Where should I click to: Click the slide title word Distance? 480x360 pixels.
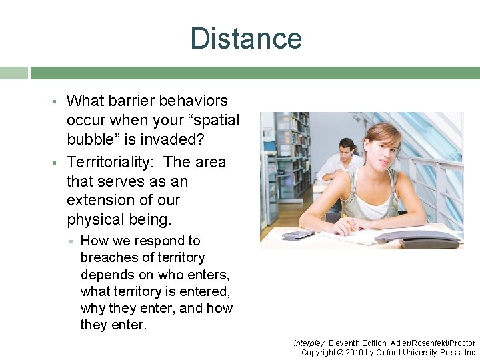[245, 38]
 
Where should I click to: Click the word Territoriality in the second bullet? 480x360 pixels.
[111, 162]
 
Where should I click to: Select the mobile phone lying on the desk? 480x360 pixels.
[298, 235]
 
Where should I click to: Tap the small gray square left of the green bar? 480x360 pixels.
[13, 73]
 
